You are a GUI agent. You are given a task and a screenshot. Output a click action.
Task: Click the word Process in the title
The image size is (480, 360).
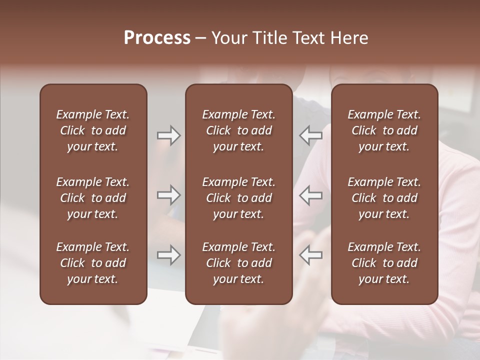(x=157, y=38)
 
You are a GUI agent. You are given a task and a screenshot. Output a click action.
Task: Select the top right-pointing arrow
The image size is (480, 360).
(x=168, y=135)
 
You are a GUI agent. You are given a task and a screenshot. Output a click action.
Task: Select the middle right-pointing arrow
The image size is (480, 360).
(x=168, y=195)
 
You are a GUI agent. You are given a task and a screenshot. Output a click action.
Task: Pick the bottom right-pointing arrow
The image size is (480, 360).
(x=168, y=255)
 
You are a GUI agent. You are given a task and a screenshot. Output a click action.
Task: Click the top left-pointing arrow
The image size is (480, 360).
(x=311, y=135)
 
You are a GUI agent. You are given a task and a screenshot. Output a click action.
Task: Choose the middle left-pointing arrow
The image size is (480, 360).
(x=311, y=195)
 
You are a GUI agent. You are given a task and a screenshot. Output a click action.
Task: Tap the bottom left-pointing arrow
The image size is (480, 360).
(x=311, y=255)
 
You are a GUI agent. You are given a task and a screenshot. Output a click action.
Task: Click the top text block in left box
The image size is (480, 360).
(x=93, y=130)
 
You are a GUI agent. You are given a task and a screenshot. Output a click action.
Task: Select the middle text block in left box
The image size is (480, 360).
(x=93, y=198)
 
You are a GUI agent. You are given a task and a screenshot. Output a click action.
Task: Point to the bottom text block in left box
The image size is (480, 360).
(x=93, y=263)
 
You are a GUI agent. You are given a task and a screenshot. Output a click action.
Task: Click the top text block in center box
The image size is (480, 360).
(x=238, y=130)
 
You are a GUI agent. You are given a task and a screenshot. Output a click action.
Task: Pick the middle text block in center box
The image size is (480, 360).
(x=238, y=198)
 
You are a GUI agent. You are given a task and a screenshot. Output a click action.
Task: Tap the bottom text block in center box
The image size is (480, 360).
(x=238, y=263)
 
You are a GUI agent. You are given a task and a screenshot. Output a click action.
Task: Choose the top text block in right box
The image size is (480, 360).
(x=384, y=130)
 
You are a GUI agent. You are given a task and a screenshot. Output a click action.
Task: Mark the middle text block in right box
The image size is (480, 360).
(x=384, y=198)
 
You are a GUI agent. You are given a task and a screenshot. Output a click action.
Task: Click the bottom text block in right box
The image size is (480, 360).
(x=384, y=263)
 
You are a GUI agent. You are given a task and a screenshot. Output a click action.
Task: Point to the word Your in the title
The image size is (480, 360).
(x=229, y=38)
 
